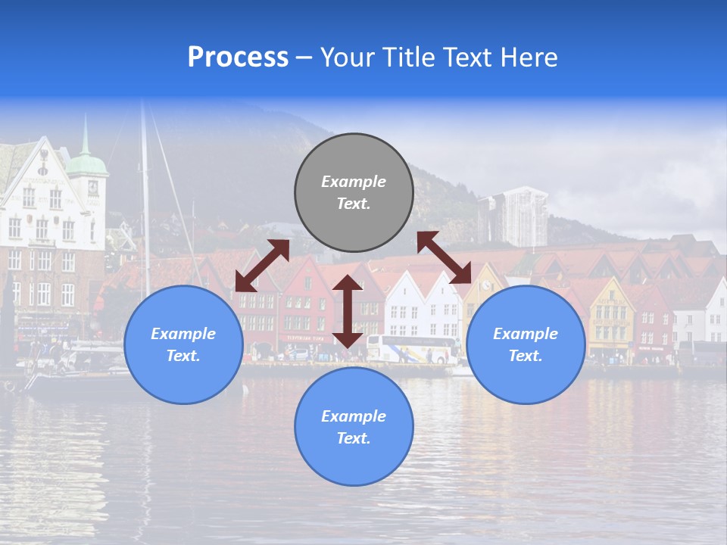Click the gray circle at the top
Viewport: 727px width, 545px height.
coord(354,192)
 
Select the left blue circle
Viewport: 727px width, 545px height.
coord(183,344)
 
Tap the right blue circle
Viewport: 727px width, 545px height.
coord(526,344)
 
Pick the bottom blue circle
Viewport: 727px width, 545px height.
coord(354,427)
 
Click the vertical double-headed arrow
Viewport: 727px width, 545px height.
coord(348,311)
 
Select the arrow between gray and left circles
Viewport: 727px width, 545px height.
coord(262,266)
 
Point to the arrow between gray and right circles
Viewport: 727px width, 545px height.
coord(444,257)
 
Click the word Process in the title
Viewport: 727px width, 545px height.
coord(238,58)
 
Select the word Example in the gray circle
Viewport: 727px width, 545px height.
coord(354,182)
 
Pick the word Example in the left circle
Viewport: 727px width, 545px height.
coord(183,334)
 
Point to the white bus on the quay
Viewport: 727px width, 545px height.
coord(412,349)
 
